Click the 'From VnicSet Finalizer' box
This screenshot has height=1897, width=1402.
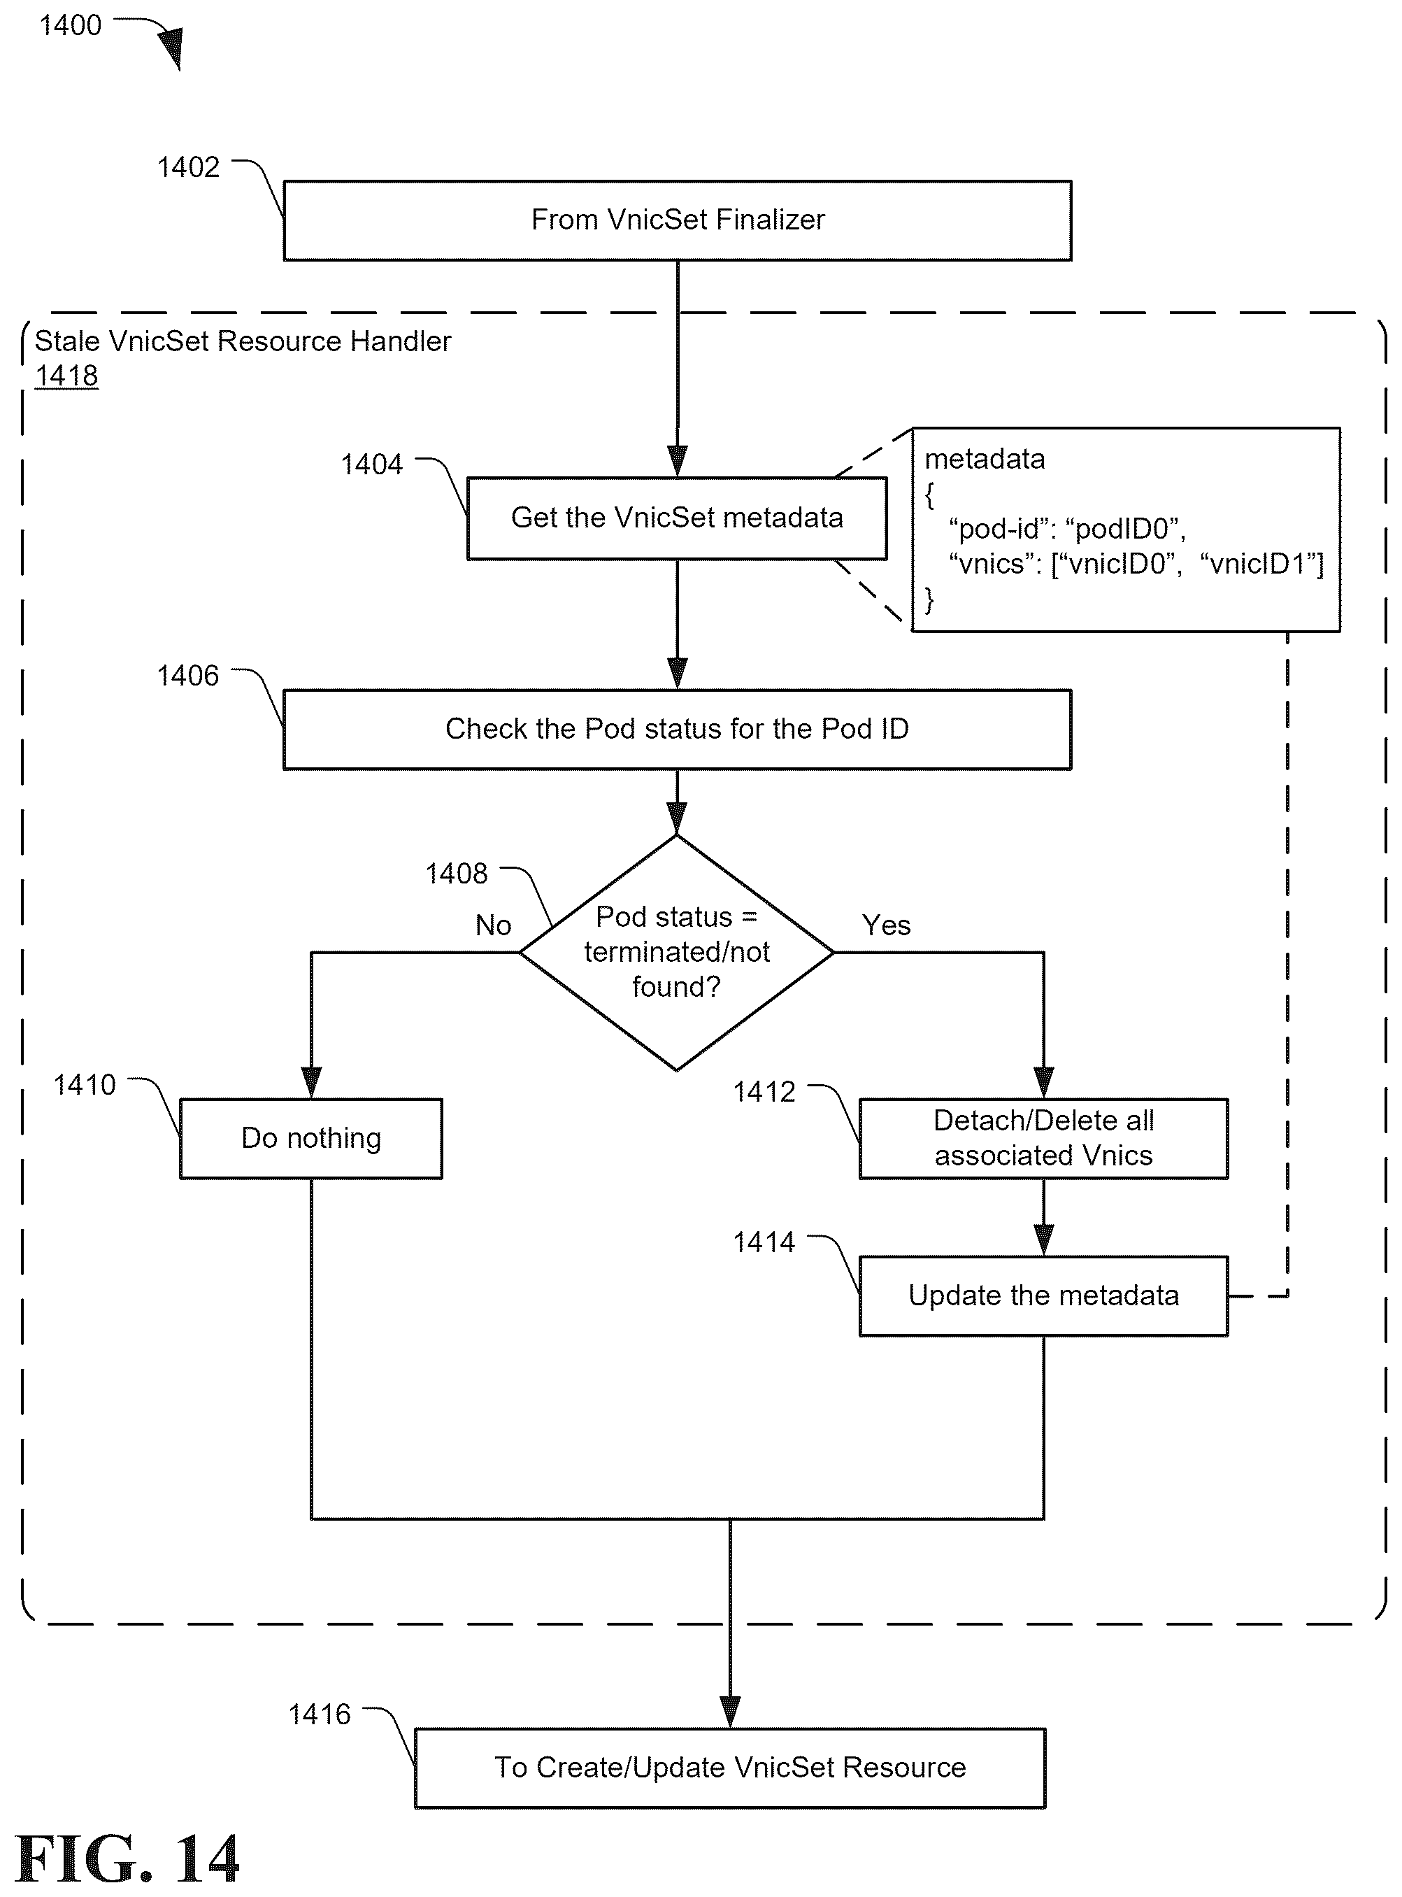[x=678, y=220]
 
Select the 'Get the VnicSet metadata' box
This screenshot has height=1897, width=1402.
[x=678, y=518]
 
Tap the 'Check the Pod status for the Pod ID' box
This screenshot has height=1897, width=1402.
[x=678, y=729]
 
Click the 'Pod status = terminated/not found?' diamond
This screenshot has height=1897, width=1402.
[x=676, y=952]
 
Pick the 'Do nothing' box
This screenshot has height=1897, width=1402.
[x=311, y=1138]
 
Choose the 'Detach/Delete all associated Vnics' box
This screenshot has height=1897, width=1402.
[x=1044, y=1138]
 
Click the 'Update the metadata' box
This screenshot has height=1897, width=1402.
[x=1044, y=1295]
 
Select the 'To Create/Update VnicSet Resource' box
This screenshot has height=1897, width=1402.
[x=730, y=1767]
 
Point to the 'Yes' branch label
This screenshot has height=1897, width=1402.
[x=886, y=925]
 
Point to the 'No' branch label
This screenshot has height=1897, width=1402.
[x=493, y=925]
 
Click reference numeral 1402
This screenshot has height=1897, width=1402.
[x=188, y=167]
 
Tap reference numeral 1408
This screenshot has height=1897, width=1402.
[x=457, y=874]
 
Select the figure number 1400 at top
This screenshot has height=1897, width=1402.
[x=71, y=25]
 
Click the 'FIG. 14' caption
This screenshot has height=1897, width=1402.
[x=127, y=1859]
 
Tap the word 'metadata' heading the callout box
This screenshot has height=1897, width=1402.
[x=985, y=459]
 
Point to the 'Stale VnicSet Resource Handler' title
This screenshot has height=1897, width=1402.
[x=243, y=341]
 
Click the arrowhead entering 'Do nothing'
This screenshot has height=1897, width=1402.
[x=311, y=1084]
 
